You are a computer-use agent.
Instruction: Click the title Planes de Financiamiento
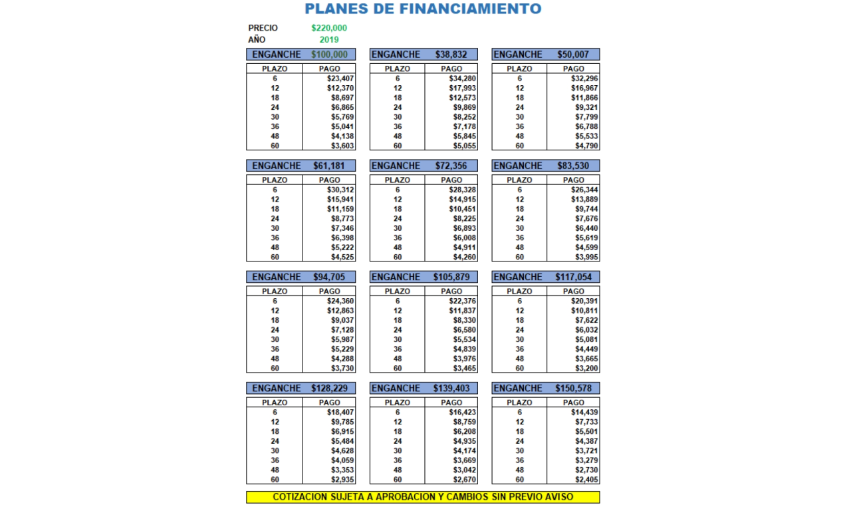(423, 9)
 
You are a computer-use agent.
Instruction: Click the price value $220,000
(329, 28)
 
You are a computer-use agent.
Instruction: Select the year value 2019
(329, 39)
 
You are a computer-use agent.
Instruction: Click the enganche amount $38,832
(451, 55)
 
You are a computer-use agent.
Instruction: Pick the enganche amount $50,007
(573, 55)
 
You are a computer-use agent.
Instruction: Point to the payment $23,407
(340, 79)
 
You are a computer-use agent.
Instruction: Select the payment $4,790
(585, 146)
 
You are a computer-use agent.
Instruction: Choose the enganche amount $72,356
(451, 166)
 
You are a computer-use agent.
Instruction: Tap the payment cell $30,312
(340, 190)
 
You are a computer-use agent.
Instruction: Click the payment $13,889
(585, 199)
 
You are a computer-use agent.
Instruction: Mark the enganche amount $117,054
(573, 277)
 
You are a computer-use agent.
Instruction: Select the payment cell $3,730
(342, 368)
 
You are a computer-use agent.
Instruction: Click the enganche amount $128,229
(329, 388)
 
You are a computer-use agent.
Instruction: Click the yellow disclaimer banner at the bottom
(423, 497)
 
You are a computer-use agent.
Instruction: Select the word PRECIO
(263, 28)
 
